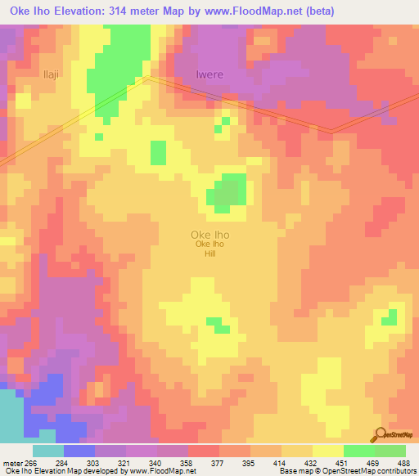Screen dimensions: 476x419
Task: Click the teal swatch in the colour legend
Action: click(x=48, y=451)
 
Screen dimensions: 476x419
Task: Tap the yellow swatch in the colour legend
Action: click(x=328, y=451)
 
